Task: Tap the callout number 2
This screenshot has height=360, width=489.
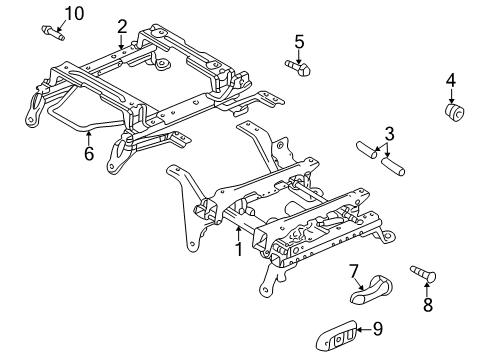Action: pos(122,26)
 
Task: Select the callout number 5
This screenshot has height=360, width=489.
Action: pos(298,41)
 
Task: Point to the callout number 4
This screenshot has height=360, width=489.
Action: pos(451,80)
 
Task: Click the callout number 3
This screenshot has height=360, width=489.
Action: pos(389,132)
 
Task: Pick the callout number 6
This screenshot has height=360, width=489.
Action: pos(88,155)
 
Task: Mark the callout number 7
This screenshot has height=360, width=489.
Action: pos(353,270)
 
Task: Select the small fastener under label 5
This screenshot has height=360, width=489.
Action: pos(296,67)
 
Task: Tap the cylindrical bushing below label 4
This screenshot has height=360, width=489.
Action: pos(456,113)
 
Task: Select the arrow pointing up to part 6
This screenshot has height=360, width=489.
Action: pos(88,138)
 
